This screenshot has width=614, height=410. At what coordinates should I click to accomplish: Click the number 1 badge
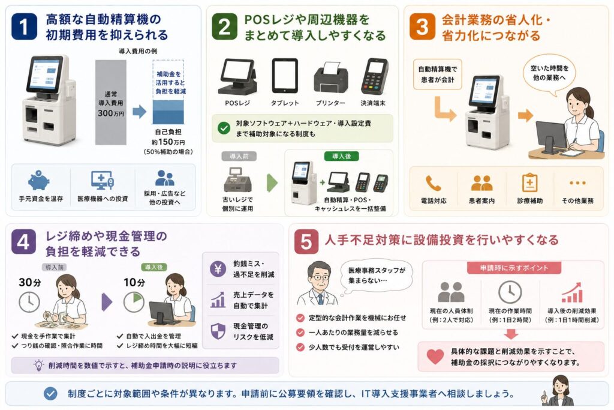pyautogui.click(x=24, y=26)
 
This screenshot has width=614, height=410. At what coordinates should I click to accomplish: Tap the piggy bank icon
pyautogui.click(x=39, y=181)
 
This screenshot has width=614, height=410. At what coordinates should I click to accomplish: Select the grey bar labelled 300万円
pyautogui.click(x=111, y=102)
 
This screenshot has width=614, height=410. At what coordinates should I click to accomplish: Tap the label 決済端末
pyautogui.click(x=373, y=103)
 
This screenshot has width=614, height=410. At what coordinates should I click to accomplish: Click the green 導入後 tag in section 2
pyautogui.click(x=341, y=157)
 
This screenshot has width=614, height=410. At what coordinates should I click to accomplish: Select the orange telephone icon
pyautogui.click(x=434, y=183)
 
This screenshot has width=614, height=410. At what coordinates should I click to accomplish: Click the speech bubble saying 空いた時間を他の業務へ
pyautogui.click(x=549, y=74)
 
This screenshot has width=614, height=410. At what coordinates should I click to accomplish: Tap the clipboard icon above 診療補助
pyautogui.click(x=530, y=182)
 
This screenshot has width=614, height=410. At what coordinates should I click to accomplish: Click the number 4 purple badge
pyautogui.click(x=23, y=242)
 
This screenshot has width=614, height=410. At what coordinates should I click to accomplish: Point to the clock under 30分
pyautogui.click(x=29, y=302)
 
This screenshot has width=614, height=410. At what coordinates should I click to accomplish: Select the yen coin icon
pyautogui.click(x=218, y=269)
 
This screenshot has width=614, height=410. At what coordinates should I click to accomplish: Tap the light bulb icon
pyautogui.click(x=38, y=366)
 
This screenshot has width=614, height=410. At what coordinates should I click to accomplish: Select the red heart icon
pyautogui.click(x=435, y=357)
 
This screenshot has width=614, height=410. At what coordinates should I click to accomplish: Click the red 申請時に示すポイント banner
pyautogui.click(x=514, y=268)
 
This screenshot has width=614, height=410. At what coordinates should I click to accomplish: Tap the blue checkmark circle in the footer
pyautogui.click(x=50, y=394)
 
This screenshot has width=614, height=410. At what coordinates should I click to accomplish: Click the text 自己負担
pyautogui.click(x=168, y=132)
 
